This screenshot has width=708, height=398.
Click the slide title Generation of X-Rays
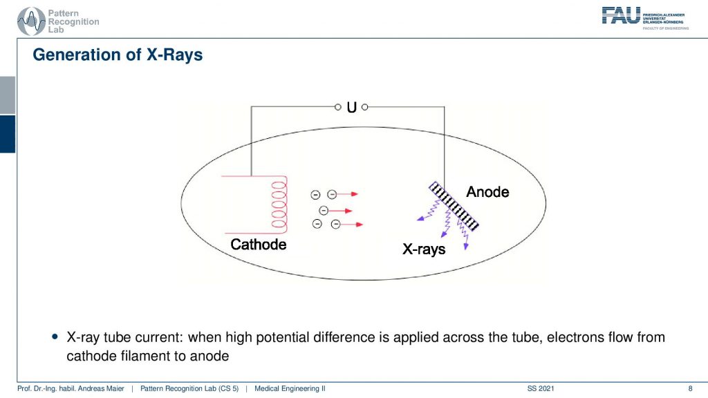118,55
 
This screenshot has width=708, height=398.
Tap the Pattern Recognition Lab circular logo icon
31,21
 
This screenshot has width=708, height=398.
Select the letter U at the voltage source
351,107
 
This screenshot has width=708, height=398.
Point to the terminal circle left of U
337,107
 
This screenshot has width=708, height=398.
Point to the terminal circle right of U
365,107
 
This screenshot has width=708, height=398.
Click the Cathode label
259,244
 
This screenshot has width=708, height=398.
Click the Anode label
487,192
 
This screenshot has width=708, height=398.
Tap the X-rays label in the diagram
424,249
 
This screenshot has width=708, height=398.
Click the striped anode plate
454,206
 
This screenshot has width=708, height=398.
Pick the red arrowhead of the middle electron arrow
348,211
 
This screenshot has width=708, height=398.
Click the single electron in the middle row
324,211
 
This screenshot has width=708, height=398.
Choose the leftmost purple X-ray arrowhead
420,218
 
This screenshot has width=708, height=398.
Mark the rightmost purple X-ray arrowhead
466,246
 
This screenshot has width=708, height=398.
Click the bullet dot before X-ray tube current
55,337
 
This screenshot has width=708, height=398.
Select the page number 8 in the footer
690,388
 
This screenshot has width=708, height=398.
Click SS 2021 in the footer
541,388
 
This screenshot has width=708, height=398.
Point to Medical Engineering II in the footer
290,388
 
